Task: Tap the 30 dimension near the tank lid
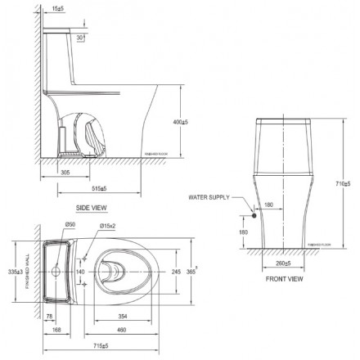(x=79, y=38)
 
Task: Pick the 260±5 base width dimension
(x=283, y=263)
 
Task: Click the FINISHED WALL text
(x=27, y=272)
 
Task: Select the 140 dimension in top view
(x=80, y=271)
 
